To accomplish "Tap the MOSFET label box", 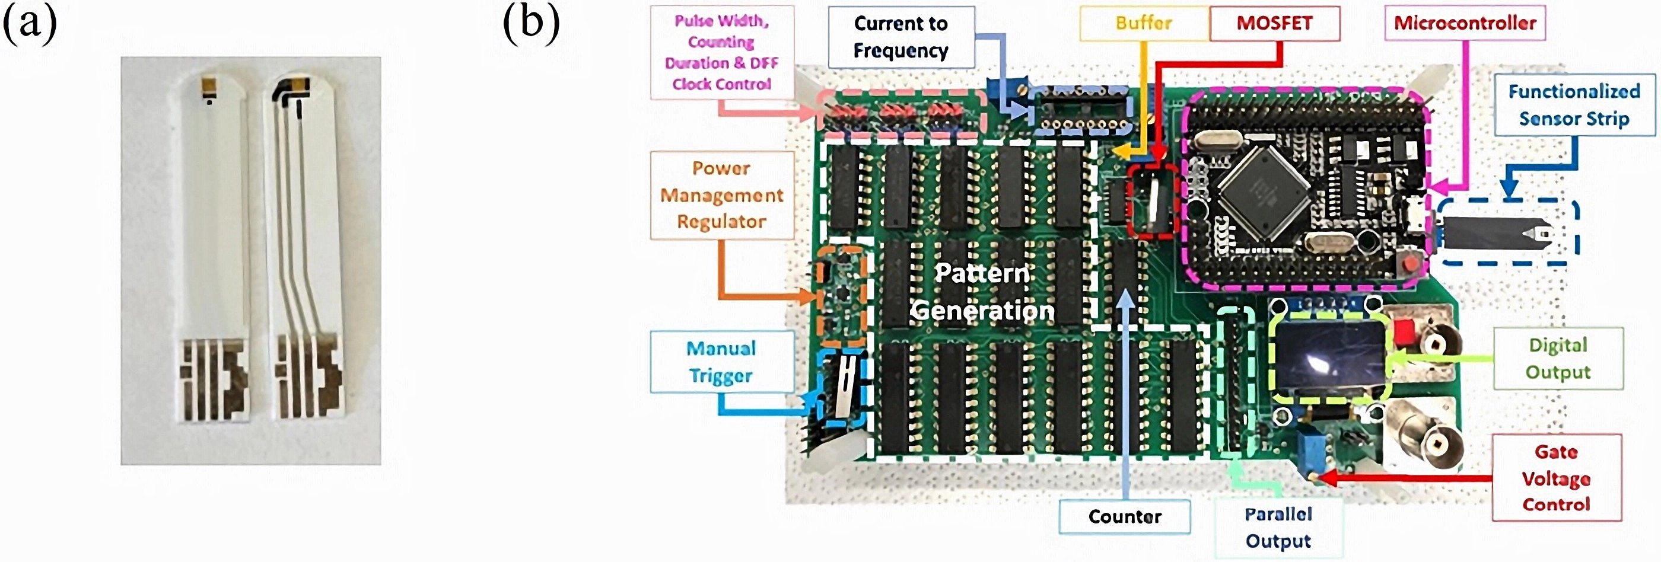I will tap(1274, 23).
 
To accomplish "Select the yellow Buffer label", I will tap(1143, 23).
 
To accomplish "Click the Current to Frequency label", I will tap(900, 37).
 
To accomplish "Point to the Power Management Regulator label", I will tap(721, 194).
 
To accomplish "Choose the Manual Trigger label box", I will tap(721, 362).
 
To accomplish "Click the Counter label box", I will tap(1125, 516).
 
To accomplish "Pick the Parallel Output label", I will tap(1278, 527).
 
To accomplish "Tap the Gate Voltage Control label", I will tap(1556, 478).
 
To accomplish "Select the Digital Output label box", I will tap(1558, 358).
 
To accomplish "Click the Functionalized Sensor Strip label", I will tap(1574, 105).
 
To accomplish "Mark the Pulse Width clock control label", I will tap(721, 52).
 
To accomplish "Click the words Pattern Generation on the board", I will tap(982, 292).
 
